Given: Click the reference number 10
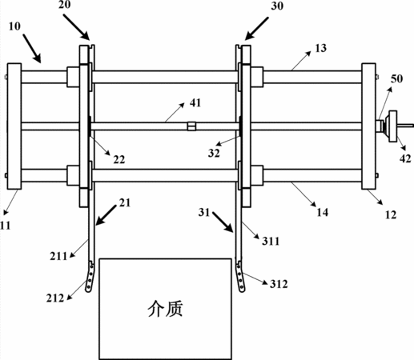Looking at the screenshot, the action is click(14, 26).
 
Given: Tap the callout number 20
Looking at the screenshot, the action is click(65, 5).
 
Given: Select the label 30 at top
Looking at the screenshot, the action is click(277, 6).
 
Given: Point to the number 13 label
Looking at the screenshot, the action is click(320, 48).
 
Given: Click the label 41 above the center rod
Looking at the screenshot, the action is click(195, 102).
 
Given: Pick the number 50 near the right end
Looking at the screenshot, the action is click(396, 79).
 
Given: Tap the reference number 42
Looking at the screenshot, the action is click(405, 158).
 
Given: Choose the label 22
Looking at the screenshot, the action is click(119, 160).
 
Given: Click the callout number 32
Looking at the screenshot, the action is click(214, 154).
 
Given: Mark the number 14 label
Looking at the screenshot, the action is click(323, 213).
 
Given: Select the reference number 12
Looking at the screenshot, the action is click(391, 215).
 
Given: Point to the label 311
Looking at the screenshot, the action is click(271, 242).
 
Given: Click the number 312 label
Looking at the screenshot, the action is click(279, 284).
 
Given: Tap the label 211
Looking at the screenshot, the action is click(58, 257).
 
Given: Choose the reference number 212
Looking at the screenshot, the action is click(55, 298).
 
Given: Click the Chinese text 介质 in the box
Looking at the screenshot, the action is click(165, 309).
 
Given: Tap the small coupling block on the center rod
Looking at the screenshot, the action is click(191, 126).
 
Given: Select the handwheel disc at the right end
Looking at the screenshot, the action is click(393, 126).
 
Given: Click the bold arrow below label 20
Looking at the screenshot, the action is click(76, 26).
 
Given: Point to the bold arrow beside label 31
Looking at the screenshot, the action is click(223, 222).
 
